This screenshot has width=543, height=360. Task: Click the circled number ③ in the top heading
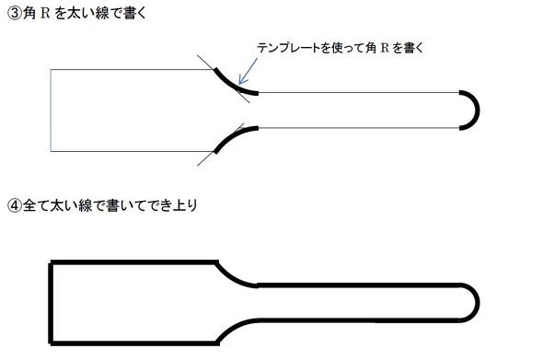click(12, 13)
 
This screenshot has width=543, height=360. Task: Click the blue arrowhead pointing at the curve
click(240, 81)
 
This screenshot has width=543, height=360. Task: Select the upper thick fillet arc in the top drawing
click(232, 82)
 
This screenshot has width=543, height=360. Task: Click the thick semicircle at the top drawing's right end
click(472, 110)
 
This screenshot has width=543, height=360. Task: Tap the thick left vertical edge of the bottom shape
click(51, 301)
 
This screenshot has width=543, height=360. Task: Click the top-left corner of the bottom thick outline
click(52, 263)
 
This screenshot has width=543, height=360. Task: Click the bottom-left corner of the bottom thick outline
click(52, 340)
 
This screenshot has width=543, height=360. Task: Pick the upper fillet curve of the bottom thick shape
click(234, 273)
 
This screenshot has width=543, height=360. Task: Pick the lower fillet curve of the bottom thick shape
click(232, 330)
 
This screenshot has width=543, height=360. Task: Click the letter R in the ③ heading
click(47, 13)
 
